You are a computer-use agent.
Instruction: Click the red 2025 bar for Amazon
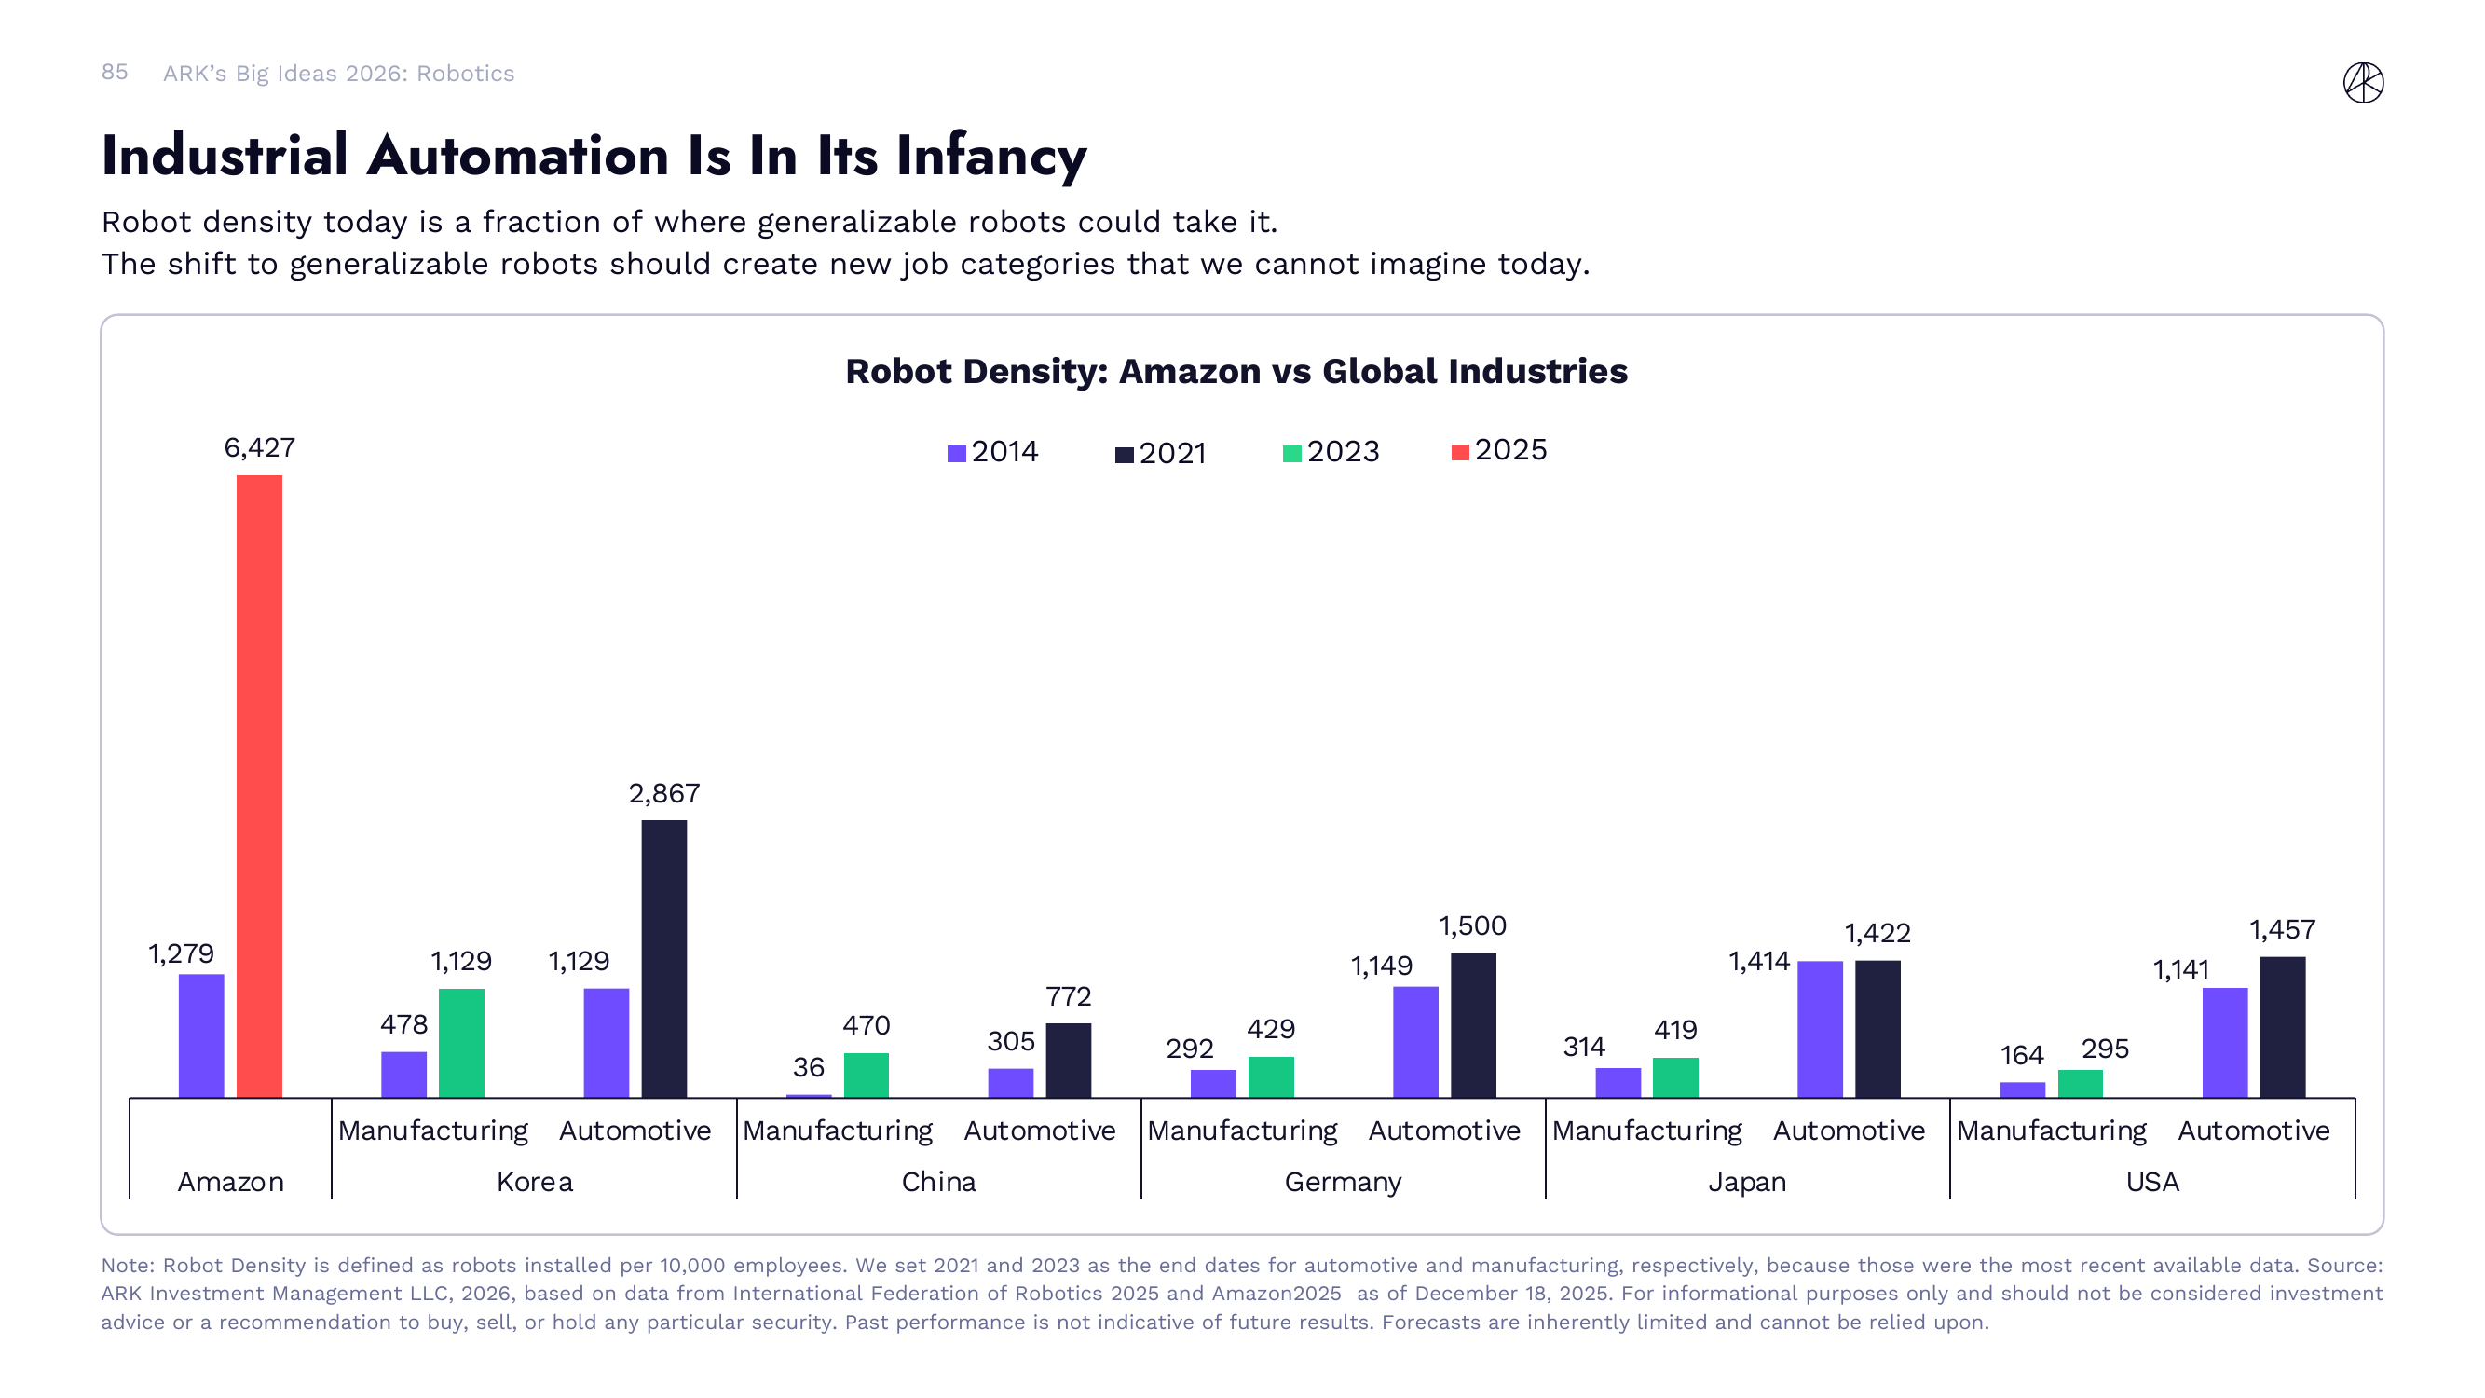click(260, 787)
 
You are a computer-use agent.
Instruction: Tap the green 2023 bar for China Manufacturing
click(867, 1075)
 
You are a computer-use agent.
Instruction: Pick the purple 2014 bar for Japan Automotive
click(1820, 1029)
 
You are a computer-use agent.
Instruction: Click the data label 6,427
click(260, 447)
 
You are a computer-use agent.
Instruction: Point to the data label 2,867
click(663, 793)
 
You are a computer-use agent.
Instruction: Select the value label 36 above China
click(809, 1067)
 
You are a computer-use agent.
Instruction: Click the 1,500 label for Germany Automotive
click(1472, 926)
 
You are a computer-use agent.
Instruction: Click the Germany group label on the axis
click(1342, 1182)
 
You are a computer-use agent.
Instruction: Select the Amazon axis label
click(230, 1182)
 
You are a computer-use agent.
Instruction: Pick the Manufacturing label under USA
click(2051, 1131)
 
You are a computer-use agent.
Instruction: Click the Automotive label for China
click(1039, 1131)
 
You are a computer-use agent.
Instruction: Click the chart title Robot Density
click(1236, 372)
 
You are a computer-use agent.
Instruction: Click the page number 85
click(114, 73)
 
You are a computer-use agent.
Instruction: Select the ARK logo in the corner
click(2363, 82)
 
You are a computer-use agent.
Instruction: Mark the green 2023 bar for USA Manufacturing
click(2080, 1084)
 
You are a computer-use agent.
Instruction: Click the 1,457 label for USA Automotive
click(2282, 930)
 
